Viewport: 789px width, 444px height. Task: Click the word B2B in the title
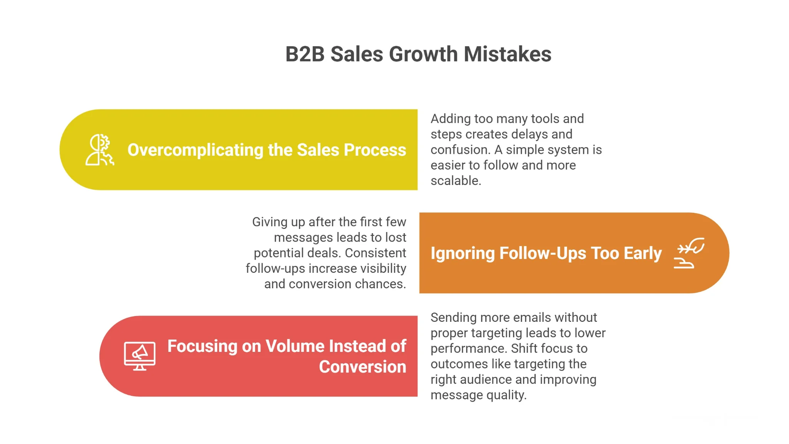(x=305, y=54)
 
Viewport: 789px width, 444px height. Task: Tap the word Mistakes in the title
(x=507, y=54)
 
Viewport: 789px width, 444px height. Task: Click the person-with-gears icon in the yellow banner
(x=100, y=150)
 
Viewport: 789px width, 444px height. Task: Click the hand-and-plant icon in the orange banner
(x=689, y=253)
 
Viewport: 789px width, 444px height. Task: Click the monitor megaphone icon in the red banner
(x=139, y=356)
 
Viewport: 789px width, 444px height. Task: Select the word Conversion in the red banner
(x=363, y=367)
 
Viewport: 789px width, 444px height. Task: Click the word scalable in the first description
(x=455, y=180)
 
